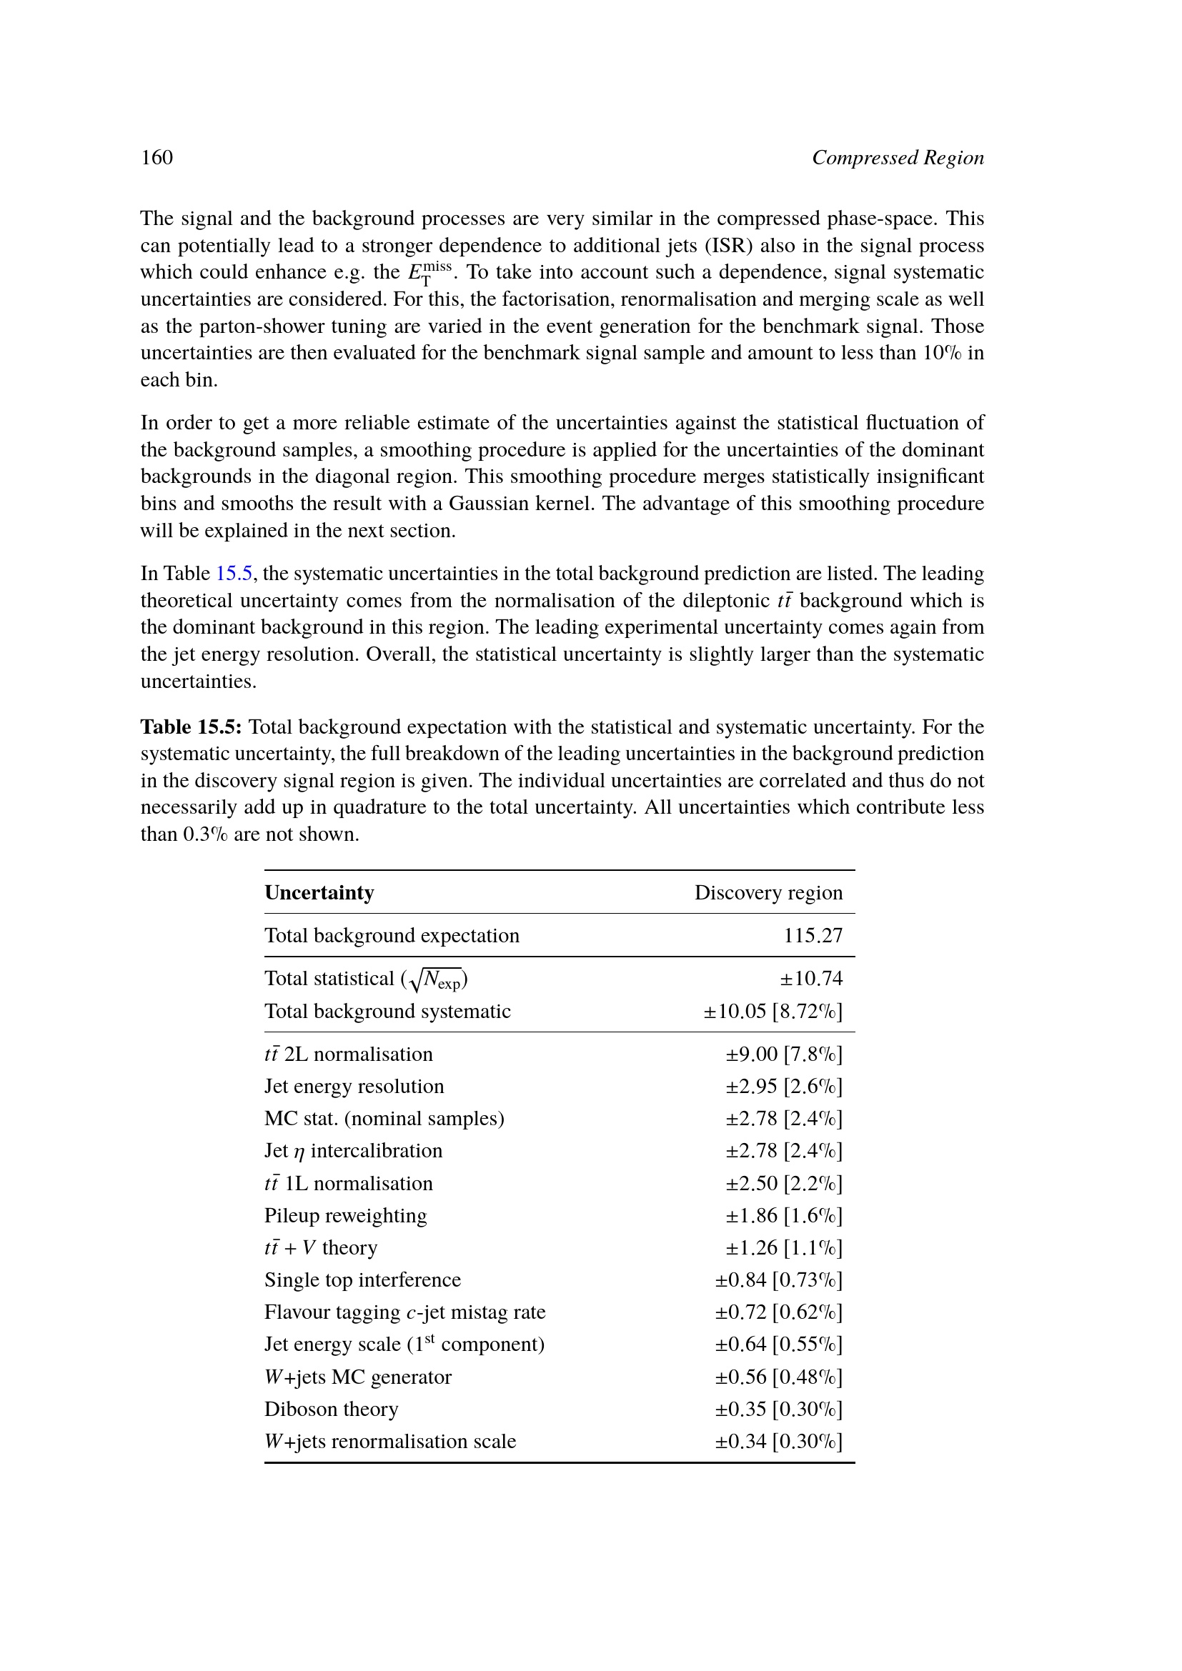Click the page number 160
(x=157, y=158)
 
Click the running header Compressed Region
(x=898, y=158)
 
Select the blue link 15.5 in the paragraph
(x=234, y=574)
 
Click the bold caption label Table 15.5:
(x=192, y=727)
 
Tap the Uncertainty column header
(x=319, y=893)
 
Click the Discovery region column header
(x=768, y=893)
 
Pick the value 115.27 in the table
(x=813, y=936)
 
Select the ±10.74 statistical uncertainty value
(x=811, y=979)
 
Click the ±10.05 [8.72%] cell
(x=773, y=1012)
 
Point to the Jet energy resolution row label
(x=354, y=1087)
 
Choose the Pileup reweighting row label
(x=345, y=1216)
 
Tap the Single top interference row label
(x=362, y=1280)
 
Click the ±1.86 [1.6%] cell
(x=783, y=1216)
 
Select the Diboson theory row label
(x=331, y=1410)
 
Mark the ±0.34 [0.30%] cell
(x=778, y=1442)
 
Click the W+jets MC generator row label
(x=357, y=1377)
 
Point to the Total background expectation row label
(x=392, y=936)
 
